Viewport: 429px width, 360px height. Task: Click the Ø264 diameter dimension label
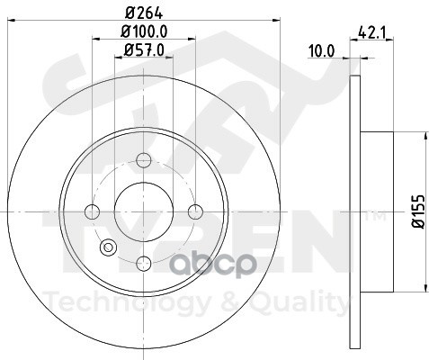(x=145, y=13)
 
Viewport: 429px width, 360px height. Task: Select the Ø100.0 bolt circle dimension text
(x=144, y=31)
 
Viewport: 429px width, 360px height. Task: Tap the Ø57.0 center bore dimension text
(x=144, y=50)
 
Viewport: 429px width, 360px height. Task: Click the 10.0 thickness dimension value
(x=321, y=51)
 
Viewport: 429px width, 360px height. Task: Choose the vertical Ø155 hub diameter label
(x=418, y=211)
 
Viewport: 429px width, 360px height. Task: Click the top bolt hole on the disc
(x=144, y=160)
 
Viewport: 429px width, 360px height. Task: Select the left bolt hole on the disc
(x=93, y=211)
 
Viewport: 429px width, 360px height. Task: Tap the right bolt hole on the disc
(x=195, y=211)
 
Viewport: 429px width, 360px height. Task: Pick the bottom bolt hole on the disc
(x=144, y=264)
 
